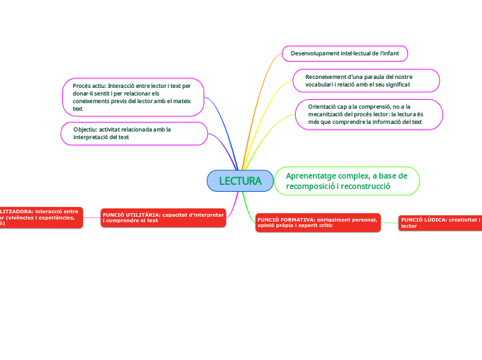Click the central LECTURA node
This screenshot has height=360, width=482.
pyautogui.click(x=240, y=181)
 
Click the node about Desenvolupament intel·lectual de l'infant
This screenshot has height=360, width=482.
pyautogui.click(x=345, y=53)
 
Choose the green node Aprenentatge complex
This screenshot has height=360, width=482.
pyautogui.click(x=346, y=181)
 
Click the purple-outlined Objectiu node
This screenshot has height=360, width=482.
pyautogui.click(x=134, y=133)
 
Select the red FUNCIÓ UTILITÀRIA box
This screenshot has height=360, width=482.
pyautogui.click(x=163, y=217)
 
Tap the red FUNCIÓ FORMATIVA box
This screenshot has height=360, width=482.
pyautogui.click(x=318, y=222)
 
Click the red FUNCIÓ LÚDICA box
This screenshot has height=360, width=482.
pyautogui.click(x=440, y=222)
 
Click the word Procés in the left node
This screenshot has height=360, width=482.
pyautogui.click(x=83, y=86)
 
